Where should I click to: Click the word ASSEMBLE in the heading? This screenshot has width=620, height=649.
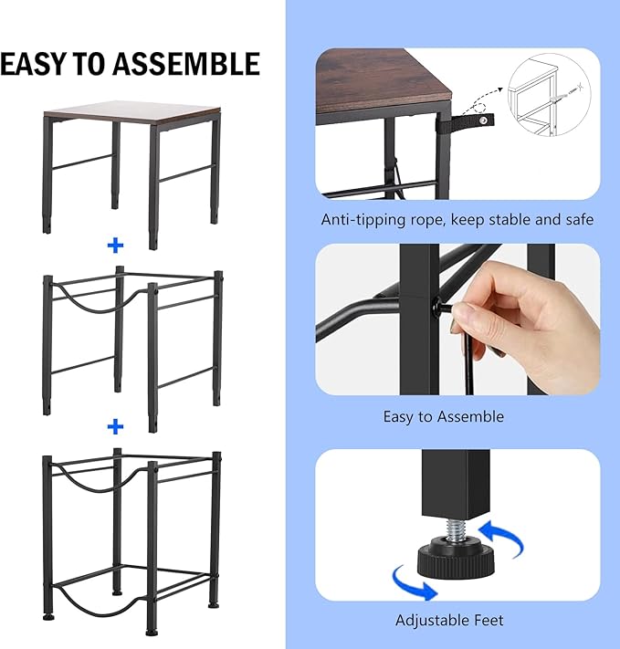(x=186, y=64)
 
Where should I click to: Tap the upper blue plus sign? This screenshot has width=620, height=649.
(x=115, y=246)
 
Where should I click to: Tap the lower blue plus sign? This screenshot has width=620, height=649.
(x=115, y=427)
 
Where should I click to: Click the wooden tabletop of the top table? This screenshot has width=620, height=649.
(x=132, y=112)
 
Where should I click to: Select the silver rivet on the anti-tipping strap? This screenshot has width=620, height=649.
(x=483, y=120)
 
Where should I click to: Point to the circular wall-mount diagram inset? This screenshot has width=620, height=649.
(x=549, y=95)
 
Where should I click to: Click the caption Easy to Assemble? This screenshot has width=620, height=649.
(x=443, y=416)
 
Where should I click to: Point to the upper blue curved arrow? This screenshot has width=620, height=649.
(x=501, y=538)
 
